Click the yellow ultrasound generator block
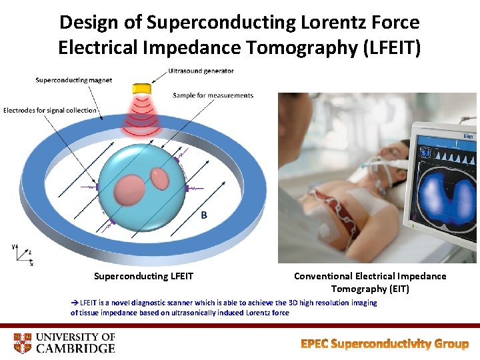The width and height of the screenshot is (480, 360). (142, 89)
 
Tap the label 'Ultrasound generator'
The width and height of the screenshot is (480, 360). (201, 71)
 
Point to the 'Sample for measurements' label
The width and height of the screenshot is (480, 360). (213, 95)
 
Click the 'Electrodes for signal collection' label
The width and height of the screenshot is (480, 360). (50, 110)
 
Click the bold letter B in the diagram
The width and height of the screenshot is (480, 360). (203, 215)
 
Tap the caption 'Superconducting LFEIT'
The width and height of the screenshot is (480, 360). (143, 276)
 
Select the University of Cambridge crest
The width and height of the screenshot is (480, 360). (22, 342)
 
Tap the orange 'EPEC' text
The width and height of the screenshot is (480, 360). (314, 344)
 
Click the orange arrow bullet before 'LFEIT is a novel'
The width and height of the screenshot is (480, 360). (75, 303)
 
